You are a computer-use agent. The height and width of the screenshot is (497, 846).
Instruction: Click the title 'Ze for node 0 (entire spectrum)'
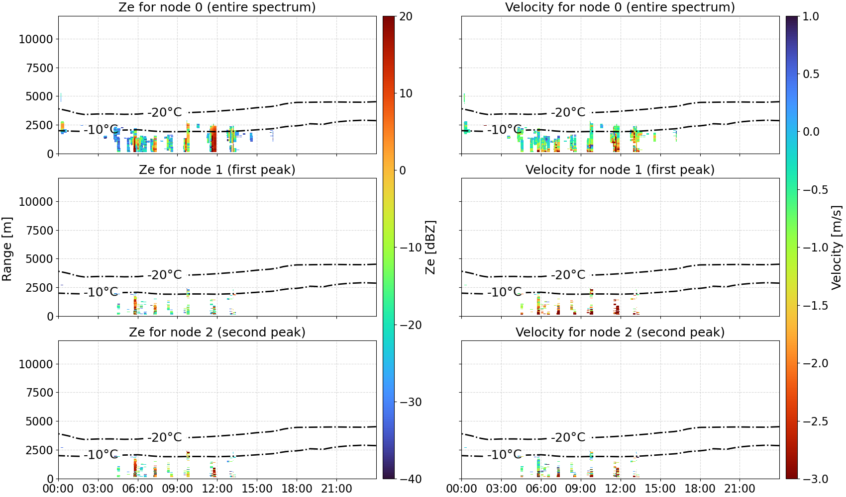(217, 7)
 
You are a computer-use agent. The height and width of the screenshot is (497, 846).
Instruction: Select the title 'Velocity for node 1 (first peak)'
(620, 169)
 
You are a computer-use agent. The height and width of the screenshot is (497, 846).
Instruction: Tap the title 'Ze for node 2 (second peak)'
(217, 332)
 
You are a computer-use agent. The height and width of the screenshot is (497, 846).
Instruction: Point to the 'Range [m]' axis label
(7, 249)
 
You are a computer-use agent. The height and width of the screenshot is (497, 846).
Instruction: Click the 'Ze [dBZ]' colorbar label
(430, 248)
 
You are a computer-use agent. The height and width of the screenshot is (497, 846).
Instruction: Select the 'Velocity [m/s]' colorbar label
(837, 248)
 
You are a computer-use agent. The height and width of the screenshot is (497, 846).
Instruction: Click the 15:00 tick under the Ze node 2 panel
(257, 489)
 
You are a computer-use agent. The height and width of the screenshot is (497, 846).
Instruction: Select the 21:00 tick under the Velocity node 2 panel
(740, 489)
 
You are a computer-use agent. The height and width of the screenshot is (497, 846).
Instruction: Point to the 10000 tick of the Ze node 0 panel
(36, 39)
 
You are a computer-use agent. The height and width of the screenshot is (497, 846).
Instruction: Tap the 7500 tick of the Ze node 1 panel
(39, 231)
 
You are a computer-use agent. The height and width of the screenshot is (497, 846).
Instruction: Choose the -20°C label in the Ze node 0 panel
(165, 112)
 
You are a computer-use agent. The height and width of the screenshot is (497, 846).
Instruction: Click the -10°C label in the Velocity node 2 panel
(505, 454)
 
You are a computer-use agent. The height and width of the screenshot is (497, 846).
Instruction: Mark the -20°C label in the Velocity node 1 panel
(568, 275)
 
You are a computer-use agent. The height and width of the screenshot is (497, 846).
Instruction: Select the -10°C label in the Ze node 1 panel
(101, 292)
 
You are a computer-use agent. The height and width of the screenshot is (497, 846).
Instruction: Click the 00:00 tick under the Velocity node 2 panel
(461, 489)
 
